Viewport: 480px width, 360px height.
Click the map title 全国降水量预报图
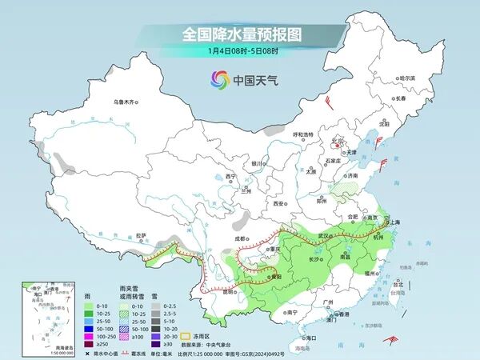click(x=239, y=35)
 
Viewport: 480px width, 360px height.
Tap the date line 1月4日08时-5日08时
click(x=240, y=51)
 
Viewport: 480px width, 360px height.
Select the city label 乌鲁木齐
click(x=126, y=102)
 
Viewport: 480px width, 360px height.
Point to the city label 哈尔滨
click(x=407, y=78)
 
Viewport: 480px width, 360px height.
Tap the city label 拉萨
click(x=142, y=235)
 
